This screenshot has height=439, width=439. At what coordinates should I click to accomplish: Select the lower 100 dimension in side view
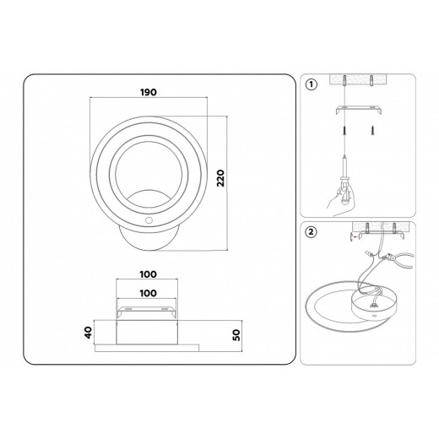(x=149, y=292)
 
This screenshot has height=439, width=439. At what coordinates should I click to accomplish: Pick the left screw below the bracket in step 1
(x=344, y=132)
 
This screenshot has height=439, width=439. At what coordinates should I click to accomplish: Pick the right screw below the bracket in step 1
(x=371, y=132)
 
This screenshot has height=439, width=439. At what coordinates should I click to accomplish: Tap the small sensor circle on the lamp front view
(x=149, y=218)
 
